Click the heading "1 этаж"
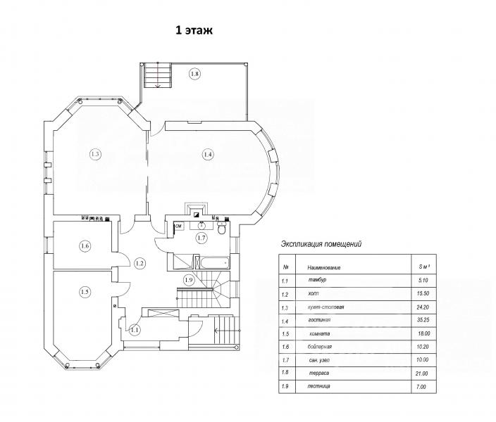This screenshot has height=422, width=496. point(194,30)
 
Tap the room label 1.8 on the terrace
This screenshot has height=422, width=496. point(194,74)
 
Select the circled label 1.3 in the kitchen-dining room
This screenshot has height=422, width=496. point(95,154)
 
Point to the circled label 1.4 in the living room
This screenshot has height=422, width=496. point(208,154)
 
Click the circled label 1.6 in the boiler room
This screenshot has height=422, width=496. point(85,245)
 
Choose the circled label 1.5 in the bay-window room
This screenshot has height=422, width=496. point(85,292)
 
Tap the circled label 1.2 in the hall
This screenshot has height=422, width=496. point(139,263)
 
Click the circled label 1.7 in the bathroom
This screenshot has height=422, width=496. point(201,238)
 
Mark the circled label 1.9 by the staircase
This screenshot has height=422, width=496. point(189,280)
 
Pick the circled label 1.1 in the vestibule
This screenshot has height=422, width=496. point(135,331)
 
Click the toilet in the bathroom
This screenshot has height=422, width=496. point(222,228)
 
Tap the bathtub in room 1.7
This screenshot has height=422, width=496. point(213,262)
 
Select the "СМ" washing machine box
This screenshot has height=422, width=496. point(179,226)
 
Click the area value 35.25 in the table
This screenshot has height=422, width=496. point(423,320)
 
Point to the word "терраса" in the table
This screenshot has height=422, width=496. point(319,373)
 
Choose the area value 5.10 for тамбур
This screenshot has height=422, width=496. point(423,280)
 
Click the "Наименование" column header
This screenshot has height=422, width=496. point(324,268)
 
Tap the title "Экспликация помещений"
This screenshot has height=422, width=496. point(321,244)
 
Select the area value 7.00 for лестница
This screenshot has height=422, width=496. point(421,387)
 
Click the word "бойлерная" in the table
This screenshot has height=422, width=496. point(319,347)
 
